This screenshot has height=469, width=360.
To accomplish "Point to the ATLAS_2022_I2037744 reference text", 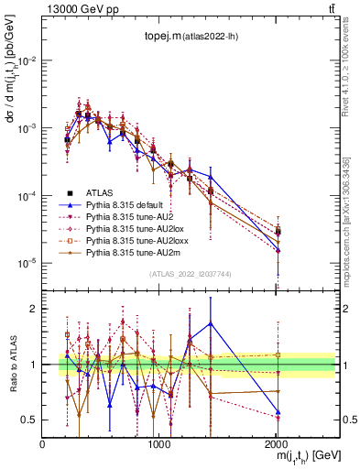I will coord(189,275).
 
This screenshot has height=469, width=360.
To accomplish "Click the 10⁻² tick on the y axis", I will coord(27,60).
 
